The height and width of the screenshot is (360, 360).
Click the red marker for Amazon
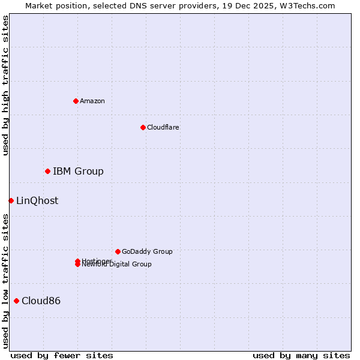coord(76,101)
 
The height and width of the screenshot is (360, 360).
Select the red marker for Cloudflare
coord(143,127)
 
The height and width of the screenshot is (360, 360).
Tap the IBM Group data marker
coord(47,172)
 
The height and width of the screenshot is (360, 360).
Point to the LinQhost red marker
coord(11,200)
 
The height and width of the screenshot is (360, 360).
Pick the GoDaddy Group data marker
coord(118,251)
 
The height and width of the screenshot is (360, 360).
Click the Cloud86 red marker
coord(16,301)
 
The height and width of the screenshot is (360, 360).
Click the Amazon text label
coord(92,101)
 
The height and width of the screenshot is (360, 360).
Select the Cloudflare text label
coord(163,127)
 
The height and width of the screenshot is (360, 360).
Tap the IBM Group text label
coord(78,172)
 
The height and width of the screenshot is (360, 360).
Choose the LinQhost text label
coord(37,201)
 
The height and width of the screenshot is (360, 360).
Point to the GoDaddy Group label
coord(147,251)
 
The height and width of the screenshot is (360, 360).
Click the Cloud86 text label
coord(41,301)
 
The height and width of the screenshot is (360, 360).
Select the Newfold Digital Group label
coord(117,265)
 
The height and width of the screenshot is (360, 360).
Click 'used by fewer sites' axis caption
coord(62,355)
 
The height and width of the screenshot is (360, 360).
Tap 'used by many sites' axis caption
coord(301,355)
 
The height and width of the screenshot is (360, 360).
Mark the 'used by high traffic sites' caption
coord(5,85)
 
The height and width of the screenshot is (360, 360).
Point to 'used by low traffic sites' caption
coord(5,281)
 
